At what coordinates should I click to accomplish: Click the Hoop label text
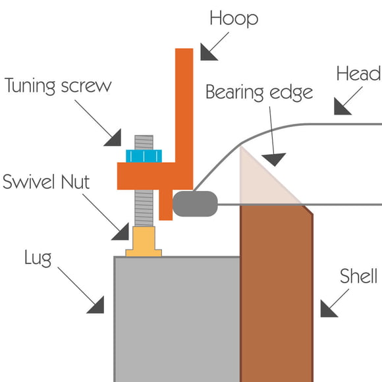coord(234,18)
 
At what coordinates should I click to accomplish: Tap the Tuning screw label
coord(58,86)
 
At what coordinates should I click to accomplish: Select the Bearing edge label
coord(259,92)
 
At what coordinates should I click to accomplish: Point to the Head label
coord(358,74)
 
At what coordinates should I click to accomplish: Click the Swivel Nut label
coord(46,182)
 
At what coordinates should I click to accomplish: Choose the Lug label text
coord(38,258)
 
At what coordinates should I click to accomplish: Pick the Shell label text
coord(358,276)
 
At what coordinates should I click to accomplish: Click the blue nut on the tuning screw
coord(144,156)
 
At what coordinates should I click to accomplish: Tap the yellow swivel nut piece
coord(144,242)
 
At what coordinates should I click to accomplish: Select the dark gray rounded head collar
coord(195,204)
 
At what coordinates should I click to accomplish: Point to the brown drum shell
coord(276,293)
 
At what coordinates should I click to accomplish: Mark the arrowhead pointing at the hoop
coord(207,53)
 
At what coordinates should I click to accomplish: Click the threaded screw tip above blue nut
coord(144,142)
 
